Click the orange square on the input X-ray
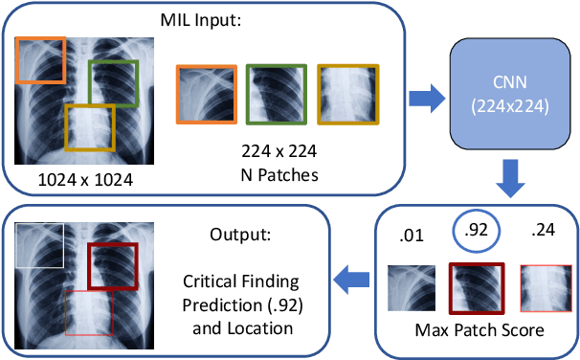(x=40, y=62)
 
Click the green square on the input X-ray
(x=114, y=84)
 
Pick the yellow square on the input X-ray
(x=90, y=126)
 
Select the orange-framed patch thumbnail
(x=206, y=95)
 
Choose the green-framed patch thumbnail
(x=277, y=95)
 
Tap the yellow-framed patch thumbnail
(x=347, y=95)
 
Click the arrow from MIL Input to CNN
(x=423, y=96)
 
